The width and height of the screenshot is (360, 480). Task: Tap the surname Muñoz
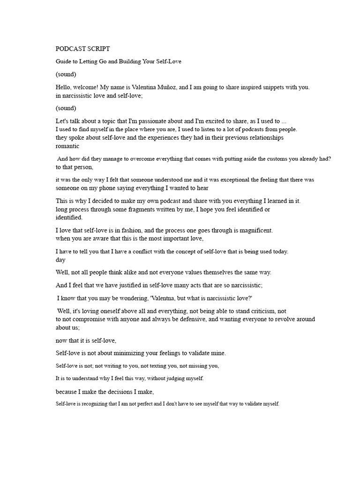(x=178, y=87)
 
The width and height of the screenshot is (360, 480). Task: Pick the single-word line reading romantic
(x=68, y=146)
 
